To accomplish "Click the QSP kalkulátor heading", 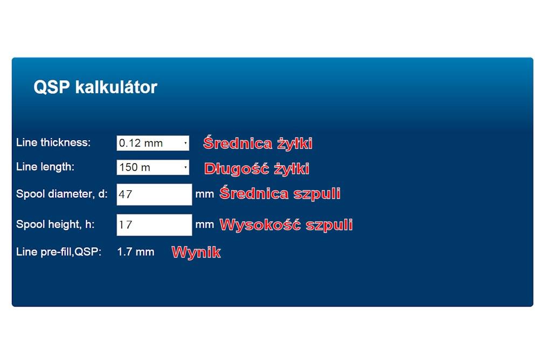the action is [95, 87].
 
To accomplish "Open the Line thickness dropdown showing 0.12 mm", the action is [153, 143].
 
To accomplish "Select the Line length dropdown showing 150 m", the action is [153, 168].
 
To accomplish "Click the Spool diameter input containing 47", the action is [154, 194].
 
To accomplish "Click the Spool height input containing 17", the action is [154, 225].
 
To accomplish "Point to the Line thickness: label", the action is [53, 142].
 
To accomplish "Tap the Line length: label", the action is [45, 167].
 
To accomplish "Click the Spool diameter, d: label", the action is [62, 193].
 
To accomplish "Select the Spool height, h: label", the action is [56, 224].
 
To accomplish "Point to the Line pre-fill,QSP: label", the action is [59, 252].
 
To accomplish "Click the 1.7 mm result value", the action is [135, 252].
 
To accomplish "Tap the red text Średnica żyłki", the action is [258, 143].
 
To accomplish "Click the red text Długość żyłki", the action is [257, 169].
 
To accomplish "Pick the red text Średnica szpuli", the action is [280, 193].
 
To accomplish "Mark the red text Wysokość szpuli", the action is [286, 225].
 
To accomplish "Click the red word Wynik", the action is [196, 252].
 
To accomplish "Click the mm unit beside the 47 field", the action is [204, 194].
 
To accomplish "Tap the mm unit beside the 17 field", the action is [204, 225].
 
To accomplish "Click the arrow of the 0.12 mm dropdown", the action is [185, 143].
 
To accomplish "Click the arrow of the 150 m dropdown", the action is [185, 168].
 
